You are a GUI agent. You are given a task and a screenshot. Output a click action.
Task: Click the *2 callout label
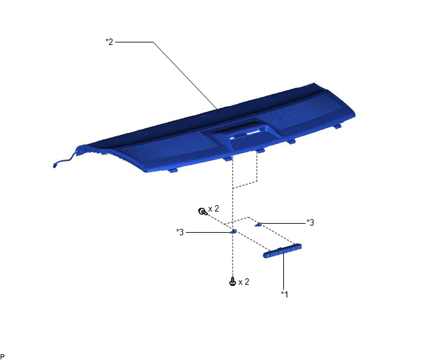click(109, 42)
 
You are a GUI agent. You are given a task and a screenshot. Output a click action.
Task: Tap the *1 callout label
click(285, 294)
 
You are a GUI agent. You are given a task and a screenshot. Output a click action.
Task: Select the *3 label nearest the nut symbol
click(180, 232)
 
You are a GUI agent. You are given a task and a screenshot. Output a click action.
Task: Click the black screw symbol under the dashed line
click(233, 282)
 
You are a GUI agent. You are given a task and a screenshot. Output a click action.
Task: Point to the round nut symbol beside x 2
click(202, 212)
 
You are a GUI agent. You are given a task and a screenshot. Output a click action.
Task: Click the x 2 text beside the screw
click(243, 282)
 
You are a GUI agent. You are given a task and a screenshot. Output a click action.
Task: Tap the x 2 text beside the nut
click(213, 208)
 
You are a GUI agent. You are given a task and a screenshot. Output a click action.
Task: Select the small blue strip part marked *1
click(283, 251)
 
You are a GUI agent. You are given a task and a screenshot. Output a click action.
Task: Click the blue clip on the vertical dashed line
click(233, 231)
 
